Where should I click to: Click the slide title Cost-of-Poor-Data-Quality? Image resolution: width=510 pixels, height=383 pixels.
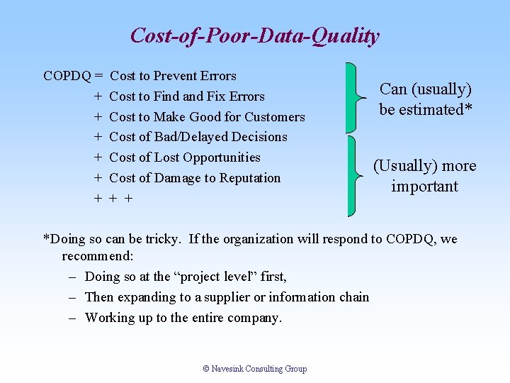click(255, 35)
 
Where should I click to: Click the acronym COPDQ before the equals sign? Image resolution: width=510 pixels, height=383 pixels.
click(66, 76)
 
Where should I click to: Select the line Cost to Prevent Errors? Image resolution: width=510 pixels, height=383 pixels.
click(174, 76)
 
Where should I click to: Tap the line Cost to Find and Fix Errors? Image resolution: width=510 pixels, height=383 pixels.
click(187, 96)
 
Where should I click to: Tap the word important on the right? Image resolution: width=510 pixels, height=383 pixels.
click(425, 187)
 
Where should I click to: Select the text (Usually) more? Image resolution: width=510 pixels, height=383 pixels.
click(425, 166)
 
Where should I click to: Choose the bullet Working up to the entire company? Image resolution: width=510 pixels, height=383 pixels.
click(183, 318)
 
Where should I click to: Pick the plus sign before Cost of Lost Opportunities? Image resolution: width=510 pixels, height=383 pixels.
click(96, 157)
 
